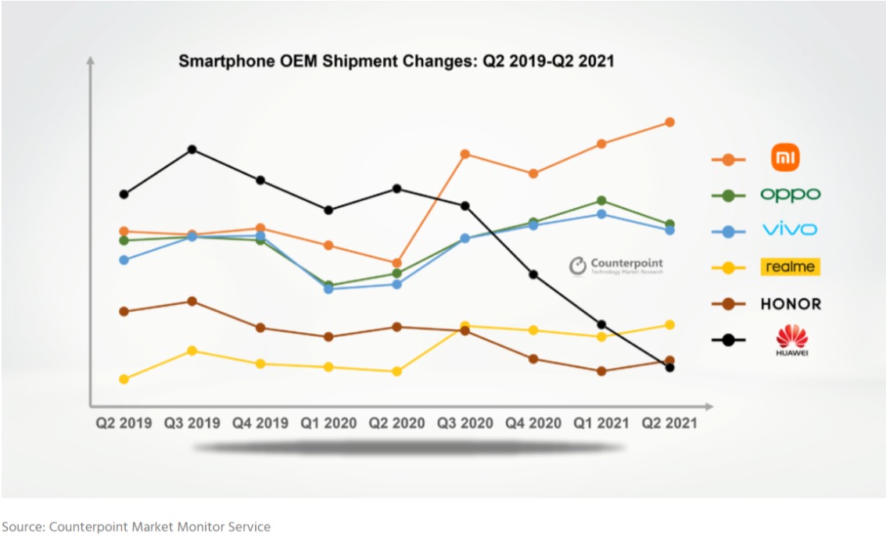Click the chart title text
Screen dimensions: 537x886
(396, 61)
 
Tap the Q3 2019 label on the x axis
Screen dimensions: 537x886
(192, 423)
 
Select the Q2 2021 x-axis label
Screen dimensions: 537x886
(669, 423)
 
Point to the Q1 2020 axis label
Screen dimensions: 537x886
(328, 423)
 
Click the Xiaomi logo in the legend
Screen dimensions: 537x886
(785, 158)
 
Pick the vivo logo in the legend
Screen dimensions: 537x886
(790, 230)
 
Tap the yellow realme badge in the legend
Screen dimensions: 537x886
(790, 267)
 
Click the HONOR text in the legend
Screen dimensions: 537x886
(791, 304)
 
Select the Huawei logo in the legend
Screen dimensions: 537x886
(791, 340)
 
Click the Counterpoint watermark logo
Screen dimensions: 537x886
(615, 266)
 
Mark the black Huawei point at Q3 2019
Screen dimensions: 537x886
(192, 149)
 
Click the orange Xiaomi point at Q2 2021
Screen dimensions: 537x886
(670, 122)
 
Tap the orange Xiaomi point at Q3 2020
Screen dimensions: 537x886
(465, 154)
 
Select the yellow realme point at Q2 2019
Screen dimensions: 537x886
(124, 379)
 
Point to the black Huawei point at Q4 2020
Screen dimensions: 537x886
(533, 274)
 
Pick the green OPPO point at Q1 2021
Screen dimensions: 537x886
(601, 201)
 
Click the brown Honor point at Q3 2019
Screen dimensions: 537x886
(192, 301)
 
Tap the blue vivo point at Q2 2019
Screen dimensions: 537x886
(124, 260)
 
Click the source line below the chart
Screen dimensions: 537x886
(136, 527)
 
